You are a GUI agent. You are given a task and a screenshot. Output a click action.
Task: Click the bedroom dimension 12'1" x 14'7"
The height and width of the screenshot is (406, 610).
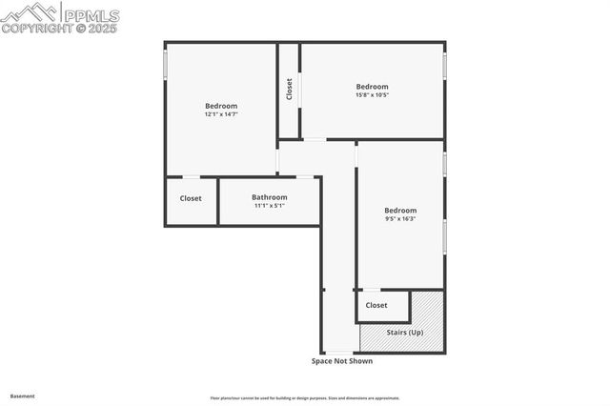click(x=220, y=114)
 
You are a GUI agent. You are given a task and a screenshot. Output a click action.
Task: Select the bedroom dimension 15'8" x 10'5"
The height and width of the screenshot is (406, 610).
click(x=373, y=95)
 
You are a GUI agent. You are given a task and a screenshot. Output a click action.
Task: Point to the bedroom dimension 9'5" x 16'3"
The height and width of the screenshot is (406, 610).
click(x=400, y=219)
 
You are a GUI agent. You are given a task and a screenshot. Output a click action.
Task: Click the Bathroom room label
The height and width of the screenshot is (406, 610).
click(x=270, y=197)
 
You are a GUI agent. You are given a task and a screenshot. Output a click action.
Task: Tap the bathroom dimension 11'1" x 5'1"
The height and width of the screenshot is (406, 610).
click(x=270, y=206)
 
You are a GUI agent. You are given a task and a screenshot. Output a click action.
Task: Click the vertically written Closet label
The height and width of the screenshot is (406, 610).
click(x=289, y=90)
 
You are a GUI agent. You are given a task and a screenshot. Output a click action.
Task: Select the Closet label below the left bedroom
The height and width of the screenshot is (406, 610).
click(x=191, y=198)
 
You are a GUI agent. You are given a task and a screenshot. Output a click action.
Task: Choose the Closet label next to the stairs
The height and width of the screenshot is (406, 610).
click(x=376, y=306)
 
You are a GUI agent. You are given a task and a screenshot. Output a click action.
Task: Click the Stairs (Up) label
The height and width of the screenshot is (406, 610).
click(x=405, y=332)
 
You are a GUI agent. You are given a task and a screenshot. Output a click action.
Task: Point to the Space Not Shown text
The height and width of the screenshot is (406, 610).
click(x=342, y=361)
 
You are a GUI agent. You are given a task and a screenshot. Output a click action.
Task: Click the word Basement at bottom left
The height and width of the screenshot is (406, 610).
click(x=22, y=396)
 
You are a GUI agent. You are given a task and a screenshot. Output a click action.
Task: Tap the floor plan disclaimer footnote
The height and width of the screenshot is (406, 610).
click(x=305, y=398)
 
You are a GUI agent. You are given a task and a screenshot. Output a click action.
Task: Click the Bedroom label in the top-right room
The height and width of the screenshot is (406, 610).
click(x=373, y=87)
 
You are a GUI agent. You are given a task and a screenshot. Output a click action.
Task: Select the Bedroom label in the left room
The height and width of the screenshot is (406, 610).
click(x=220, y=106)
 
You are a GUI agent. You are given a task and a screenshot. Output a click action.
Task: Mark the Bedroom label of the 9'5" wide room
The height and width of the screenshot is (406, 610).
click(x=400, y=211)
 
